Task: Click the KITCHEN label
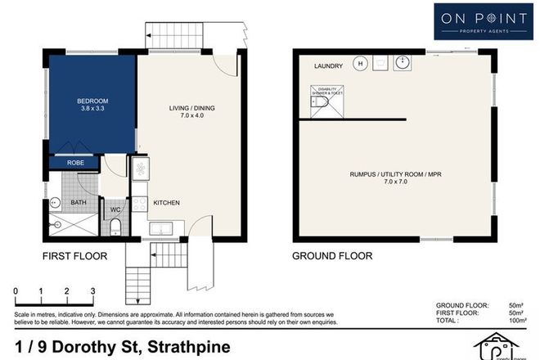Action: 165,203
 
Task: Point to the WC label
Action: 115,209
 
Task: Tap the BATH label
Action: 79,201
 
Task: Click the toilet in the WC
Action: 116,226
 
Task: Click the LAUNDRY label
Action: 327,65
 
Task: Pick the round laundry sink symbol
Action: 402,62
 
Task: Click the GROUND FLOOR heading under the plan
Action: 332,256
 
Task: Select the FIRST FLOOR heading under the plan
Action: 75,256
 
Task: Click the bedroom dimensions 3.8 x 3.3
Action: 92,109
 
